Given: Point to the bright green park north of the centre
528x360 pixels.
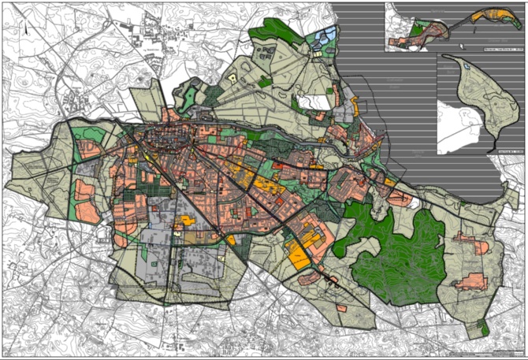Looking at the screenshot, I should click(x=189, y=98).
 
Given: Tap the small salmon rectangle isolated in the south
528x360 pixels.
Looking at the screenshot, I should click(x=341, y=307).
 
